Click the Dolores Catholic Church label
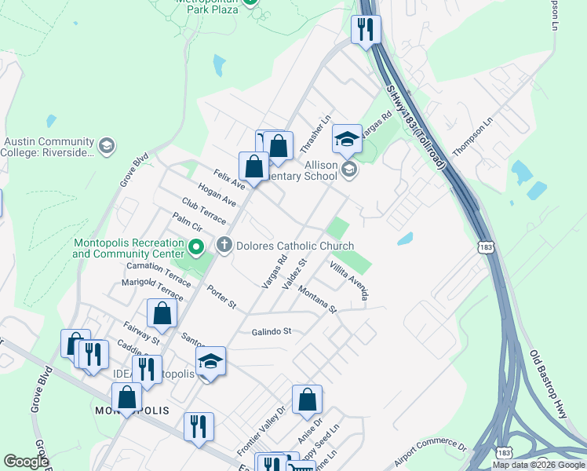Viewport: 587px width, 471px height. [295, 246]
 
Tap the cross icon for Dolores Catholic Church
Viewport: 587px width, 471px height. [224, 246]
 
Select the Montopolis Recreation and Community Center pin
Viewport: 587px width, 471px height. [197, 250]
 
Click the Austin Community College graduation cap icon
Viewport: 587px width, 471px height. [106, 146]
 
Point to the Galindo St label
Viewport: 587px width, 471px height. [272, 331]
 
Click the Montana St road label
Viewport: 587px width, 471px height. [317, 298]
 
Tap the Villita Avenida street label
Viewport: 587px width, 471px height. [348, 279]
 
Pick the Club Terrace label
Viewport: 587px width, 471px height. [202, 210]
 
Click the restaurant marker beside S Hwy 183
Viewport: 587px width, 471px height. [366, 30]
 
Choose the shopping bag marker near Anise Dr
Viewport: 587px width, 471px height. [307, 399]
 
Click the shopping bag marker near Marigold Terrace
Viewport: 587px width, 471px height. [162, 313]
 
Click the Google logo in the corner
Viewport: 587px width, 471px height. [26, 462]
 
